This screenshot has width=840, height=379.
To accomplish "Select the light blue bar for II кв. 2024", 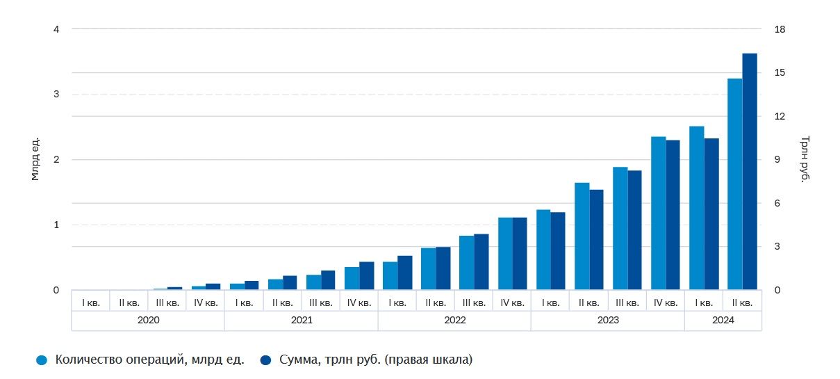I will click(x=734, y=184).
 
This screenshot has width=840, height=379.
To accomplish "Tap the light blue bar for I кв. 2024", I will click(x=696, y=208).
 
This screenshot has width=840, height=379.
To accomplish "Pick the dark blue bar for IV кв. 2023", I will click(x=673, y=215).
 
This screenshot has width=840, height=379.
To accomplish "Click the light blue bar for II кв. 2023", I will click(x=582, y=236).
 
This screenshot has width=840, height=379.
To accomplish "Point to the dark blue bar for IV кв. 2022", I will click(x=520, y=254).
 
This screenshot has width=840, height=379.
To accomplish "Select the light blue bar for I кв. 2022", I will click(x=390, y=276).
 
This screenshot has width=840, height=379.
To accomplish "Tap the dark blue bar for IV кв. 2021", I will click(x=367, y=276).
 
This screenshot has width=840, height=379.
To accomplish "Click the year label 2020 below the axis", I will click(x=148, y=321).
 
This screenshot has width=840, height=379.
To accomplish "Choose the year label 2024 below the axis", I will click(x=723, y=321).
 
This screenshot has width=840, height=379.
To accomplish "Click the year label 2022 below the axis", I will click(x=454, y=321).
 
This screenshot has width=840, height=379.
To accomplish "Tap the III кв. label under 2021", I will click(x=320, y=303).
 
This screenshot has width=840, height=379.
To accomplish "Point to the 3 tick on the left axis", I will click(x=56, y=94).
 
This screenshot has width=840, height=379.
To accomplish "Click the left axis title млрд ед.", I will click(x=35, y=160).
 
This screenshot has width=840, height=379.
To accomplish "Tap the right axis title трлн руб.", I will click(x=805, y=160).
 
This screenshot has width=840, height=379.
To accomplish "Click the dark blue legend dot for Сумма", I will click(x=266, y=360).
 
